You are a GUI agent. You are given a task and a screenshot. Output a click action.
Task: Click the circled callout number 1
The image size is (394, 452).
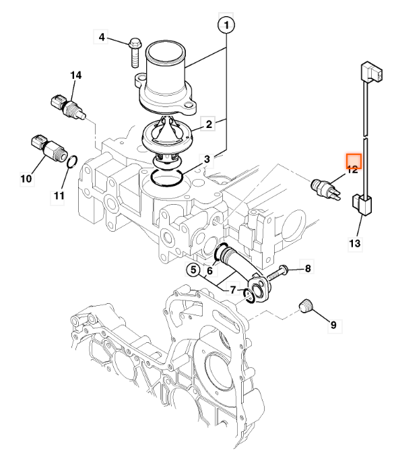(226, 25)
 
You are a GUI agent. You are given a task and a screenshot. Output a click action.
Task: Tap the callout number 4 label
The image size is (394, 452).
(102, 37)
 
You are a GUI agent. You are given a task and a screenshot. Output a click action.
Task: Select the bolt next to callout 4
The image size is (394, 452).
(135, 53)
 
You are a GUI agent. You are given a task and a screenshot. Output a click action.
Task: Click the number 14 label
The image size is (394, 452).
(76, 75)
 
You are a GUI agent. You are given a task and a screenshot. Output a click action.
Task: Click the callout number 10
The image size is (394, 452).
(26, 179)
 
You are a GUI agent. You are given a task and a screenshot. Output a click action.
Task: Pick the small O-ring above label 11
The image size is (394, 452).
(72, 162)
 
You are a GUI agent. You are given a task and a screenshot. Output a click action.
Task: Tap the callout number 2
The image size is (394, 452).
(208, 124)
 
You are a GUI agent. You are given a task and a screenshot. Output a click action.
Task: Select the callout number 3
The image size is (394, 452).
(207, 159)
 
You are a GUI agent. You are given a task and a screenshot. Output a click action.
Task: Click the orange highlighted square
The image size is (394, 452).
(354, 161)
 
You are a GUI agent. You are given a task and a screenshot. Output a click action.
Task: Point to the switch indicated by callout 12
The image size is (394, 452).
(326, 189)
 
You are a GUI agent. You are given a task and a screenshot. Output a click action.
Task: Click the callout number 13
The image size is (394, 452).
(355, 244)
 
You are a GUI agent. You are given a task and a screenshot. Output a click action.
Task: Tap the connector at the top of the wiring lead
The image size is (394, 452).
(372, 72)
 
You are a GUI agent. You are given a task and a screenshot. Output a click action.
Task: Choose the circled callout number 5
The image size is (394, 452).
(193, 269)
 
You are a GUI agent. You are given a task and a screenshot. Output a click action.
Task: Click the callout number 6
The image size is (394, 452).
(210, 271)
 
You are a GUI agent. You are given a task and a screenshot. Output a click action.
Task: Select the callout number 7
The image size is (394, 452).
(233, 290)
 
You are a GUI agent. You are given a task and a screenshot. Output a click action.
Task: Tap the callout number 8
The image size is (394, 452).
(308, 268)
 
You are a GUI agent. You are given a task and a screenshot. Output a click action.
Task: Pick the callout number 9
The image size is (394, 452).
(333, 325)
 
